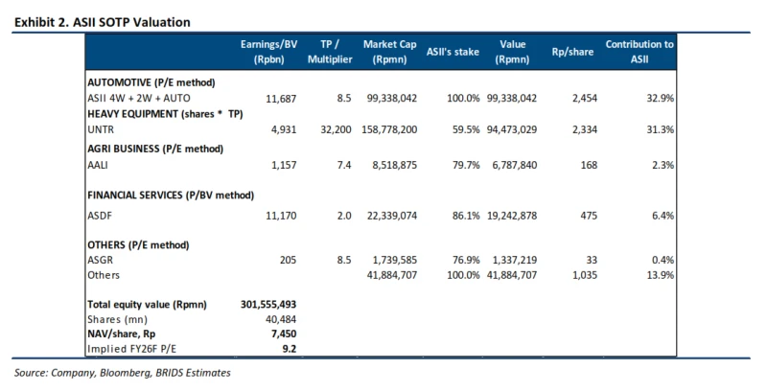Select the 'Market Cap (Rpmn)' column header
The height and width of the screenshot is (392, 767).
[388, 52]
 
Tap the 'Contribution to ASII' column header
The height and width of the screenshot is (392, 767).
[640, 52]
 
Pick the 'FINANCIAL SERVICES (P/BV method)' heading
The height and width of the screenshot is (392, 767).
[170, 195]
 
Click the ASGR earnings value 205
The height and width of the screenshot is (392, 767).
[283, 259]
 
